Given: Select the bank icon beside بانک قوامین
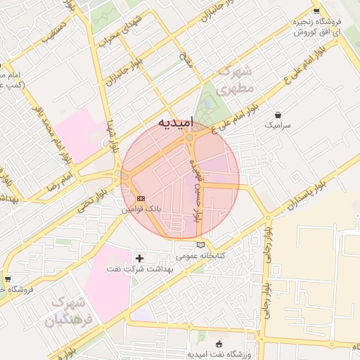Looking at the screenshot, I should pyautogui.click(x=141, y=198).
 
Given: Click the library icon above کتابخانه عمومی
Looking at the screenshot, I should pyautogui.click(x=202, y=244).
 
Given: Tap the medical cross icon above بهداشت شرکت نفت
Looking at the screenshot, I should pyautogui.click(x=139, y=259).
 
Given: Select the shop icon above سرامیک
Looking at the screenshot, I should pyautogui.click(x=279, y=114).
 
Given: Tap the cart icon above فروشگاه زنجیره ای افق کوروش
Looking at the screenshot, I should pyautogui.click(x=316, y=11).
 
